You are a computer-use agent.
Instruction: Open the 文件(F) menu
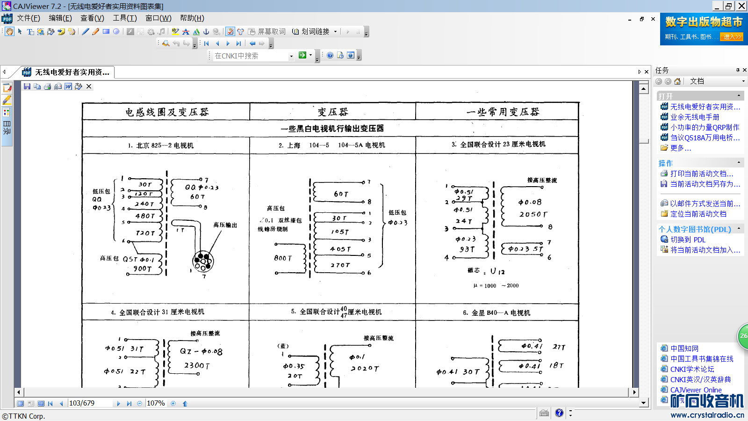28,18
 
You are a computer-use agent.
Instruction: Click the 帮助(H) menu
192,18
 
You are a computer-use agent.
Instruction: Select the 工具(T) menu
124,18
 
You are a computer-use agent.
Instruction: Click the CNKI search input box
251,56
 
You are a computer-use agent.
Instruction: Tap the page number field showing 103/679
89,403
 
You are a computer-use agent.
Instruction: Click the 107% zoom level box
156,403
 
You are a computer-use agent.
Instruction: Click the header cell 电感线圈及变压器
166,112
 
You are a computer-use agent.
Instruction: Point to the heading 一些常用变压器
503,112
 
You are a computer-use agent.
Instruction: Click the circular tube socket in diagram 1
203,261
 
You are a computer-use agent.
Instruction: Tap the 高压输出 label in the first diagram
225,225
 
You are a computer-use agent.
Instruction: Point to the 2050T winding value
532,214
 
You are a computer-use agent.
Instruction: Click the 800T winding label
283,258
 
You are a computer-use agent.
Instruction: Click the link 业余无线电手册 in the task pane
695,117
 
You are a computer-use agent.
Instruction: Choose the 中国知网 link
684,348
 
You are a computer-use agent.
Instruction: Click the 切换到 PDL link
688,240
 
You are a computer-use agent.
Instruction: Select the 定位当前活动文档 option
698,214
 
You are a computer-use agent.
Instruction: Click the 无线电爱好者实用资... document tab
72,72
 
